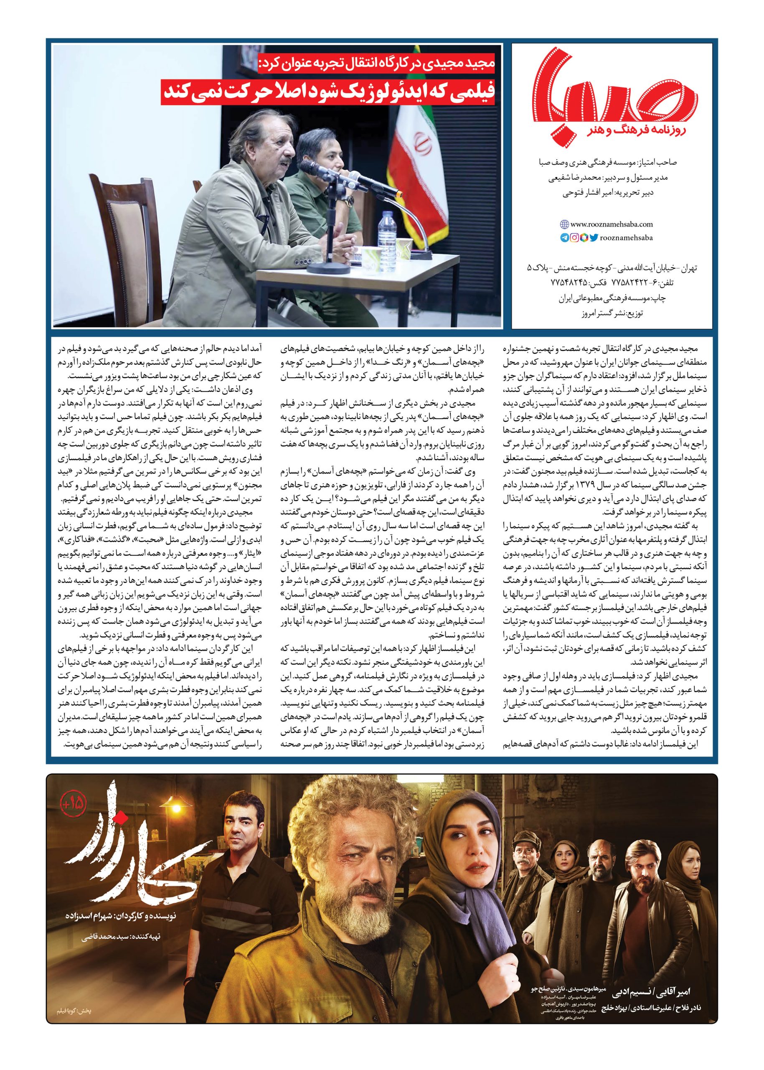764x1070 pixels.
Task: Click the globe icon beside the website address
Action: pyautogui.click(x=563, y=225)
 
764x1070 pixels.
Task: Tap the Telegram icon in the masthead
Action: pyautogui.click(x=564, y=238)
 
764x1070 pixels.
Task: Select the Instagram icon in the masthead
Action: pyautogui.click(x=574, y=238)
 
